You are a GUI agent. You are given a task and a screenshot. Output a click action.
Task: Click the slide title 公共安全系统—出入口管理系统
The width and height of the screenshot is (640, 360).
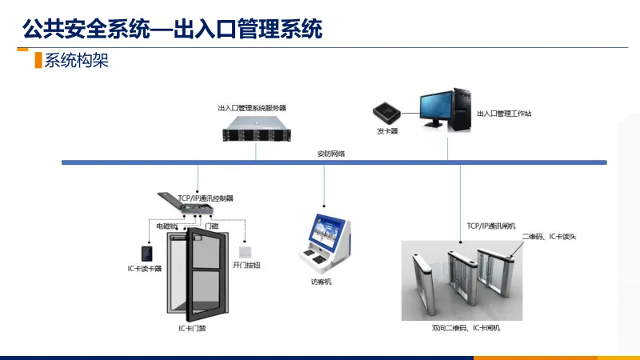pos(173,30)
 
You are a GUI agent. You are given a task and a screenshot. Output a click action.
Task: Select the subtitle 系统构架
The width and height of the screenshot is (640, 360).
pos(77,61)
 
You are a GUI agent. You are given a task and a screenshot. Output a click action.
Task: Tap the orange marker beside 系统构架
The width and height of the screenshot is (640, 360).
pos(37,61)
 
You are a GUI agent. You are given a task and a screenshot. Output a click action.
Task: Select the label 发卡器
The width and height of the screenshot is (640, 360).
pos(387,130)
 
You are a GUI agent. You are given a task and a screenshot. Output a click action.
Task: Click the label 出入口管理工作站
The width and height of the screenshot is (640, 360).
pos(504,114)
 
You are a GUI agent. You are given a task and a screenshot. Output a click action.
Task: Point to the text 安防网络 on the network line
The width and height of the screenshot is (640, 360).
pos(330,154)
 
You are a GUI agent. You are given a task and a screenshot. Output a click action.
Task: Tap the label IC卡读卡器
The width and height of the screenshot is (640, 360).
pos(145,269)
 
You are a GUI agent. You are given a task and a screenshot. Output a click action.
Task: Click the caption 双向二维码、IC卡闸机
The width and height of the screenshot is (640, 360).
pos(466,329)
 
